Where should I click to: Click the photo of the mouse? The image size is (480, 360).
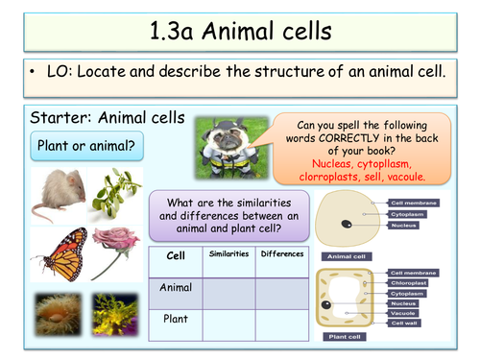click(x=57, y=196)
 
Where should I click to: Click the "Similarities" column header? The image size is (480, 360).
click(x=228, y=254)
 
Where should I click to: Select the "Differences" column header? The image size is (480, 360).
click(x=281, y=254)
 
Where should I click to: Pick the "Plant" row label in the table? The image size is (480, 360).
click(x=176, y=318)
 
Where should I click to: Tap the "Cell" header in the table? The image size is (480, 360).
click(x=176, y=256)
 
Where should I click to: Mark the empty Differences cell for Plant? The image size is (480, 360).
click(x=281, y=318)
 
